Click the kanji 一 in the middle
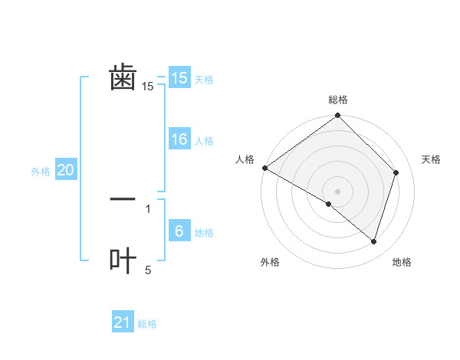point(123,198)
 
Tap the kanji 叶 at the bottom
point(123,260)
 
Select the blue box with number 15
point(179,78)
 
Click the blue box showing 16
point(179,139)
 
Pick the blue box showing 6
point(179,231)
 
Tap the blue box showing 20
point(66,170)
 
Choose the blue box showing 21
point(123,322)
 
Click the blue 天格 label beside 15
point(204,80)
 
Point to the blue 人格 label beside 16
point(204,141)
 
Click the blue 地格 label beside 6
point(204,233)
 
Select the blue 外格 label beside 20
point(41,172)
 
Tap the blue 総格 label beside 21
point(147,324)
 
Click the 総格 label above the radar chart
point(338,100)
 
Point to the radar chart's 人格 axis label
point(245,159)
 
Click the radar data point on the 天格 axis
point(396,172)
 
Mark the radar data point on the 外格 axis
point(329,205)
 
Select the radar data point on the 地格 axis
point(374,242)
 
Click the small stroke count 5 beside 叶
point(148,270)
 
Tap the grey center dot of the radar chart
point(338,191)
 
